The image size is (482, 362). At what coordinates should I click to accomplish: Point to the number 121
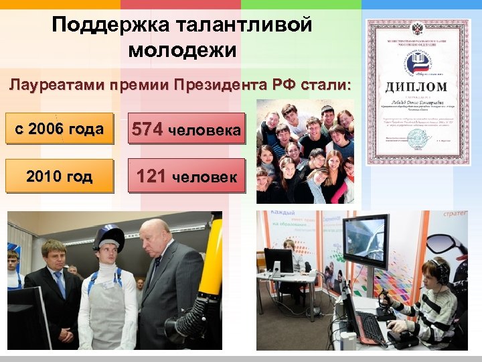coord(151,176)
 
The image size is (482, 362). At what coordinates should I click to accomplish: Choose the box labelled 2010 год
coord(59,176)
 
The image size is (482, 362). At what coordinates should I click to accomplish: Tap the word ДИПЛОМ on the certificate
coord(416,87)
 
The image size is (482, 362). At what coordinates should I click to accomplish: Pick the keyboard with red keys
coord(370,326)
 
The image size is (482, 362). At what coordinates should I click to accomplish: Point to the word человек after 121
coord(204,178)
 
